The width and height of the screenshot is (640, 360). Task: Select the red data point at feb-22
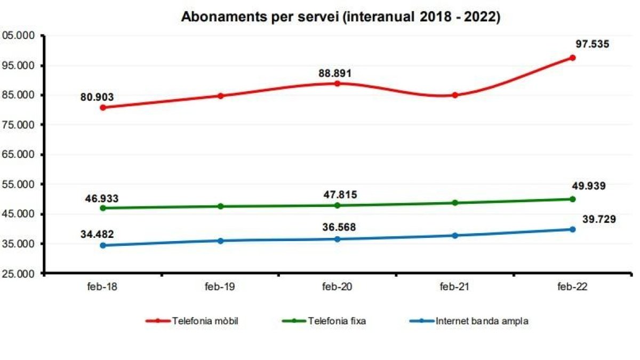pyautogui.click(x=572, y=58)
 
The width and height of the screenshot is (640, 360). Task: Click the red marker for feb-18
pyautogui.click(x=102, y=107)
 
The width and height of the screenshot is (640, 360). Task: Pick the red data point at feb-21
pyautogui.click(x=455, y=95)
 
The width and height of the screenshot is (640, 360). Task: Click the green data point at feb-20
pyautogui.click(x=338, y=205)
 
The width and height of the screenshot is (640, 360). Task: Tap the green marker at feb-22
pyautogui.click(x=572, y=199)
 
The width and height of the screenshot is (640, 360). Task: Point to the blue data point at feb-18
pyautogui.click(x=102, y=245)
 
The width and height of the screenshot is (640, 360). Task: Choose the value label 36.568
pyautogui.click(x=337, y=228)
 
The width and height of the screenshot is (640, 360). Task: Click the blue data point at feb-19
pyautogui.click(x=220, y=241)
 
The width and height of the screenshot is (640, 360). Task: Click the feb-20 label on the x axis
pyautogui.click(x=337, y=286)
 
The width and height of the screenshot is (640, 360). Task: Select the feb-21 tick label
pyautogui.click(x=455, y=286)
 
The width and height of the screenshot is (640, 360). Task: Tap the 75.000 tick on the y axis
pyautogui.click(x=19, y=125)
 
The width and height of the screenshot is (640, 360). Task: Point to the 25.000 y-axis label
pyautogui.click(x=19, y=274)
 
